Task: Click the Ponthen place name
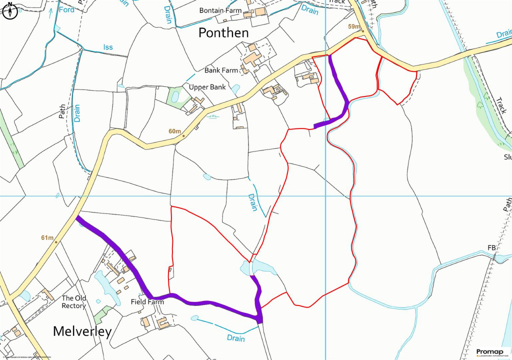pyautogui.click(x=223, y=33)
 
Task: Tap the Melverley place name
pyautogui.click(x=82, y=331)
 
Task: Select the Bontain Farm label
pyautogui.click(x=220, y=10)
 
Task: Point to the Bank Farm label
pyautogui.click(x=221, y=70)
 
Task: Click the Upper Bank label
pyautogui.click(x=207, y=87)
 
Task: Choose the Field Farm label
pyautogui.click(x=147, y=302)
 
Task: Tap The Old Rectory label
pyautogui.click(x=74, y=302)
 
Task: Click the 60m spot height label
pyautogui.click(x=174, y=131)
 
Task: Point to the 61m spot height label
pyautogui.click(x=47, y=237)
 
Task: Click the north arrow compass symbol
pyautogui.click(x=10, y=11)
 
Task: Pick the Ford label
pyautogui.click(x=66, y=9)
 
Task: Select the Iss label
pyautogui.click(x=108, y=47)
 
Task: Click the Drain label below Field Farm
pyautogui.click(x=236, y=338)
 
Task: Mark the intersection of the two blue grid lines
pyautogui.click(x=326, y=196)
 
